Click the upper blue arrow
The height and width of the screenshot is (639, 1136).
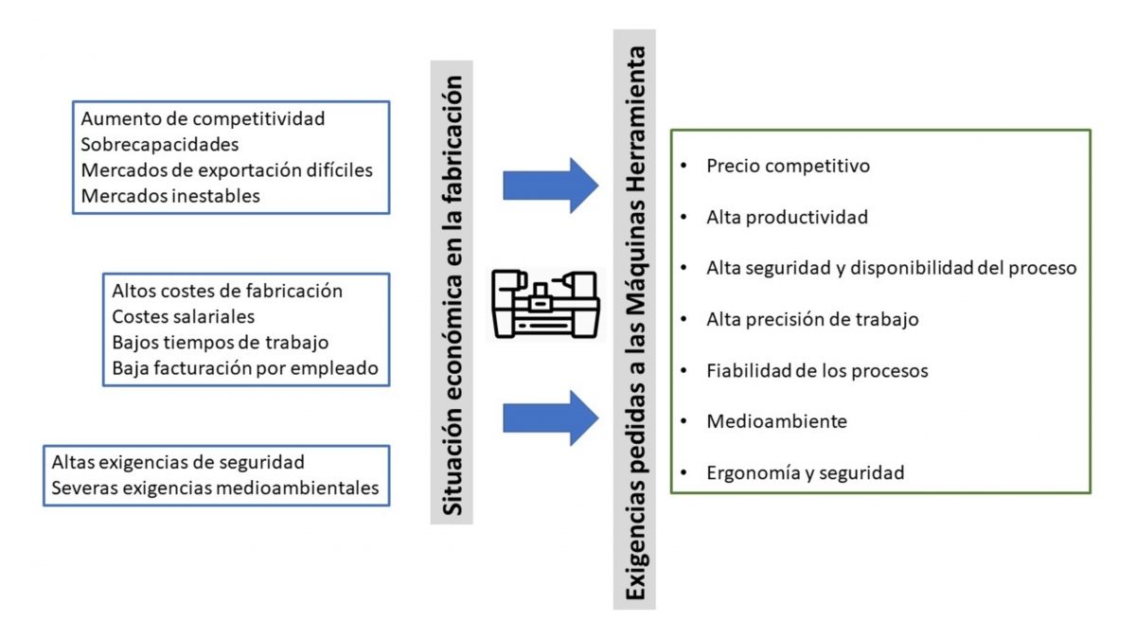(551, 186)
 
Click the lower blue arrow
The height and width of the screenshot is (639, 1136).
(551, 418)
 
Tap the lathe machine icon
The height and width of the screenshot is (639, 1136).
(545, 304)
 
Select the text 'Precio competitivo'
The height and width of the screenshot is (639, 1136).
(788, 166)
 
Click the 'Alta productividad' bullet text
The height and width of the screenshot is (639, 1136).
(787, 217)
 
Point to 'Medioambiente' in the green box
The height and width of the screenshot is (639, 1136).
(776, 421)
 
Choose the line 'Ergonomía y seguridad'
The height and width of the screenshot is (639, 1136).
(806, 472)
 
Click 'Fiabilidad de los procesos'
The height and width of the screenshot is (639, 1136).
(817, 371)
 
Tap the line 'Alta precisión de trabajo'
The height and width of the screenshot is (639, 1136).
(812, 320)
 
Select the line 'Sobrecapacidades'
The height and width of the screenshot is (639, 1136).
(160, 145)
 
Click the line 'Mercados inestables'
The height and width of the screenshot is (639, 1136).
(170, 196)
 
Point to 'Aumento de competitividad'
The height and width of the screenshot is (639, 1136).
(203, 118)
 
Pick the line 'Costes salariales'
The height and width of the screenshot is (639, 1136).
(183, 316)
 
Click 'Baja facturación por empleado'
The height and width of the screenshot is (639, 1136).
(245, 368)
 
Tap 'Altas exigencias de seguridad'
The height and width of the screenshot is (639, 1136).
(178, 462)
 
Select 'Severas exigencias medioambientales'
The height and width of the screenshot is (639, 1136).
(215, 488)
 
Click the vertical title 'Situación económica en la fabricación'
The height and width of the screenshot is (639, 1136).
(452, 295)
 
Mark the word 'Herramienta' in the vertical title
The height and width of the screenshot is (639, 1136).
(634, 119)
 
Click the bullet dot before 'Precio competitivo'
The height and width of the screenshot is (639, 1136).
(683, 166)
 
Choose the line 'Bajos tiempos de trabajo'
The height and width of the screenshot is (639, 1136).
(220, 343)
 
